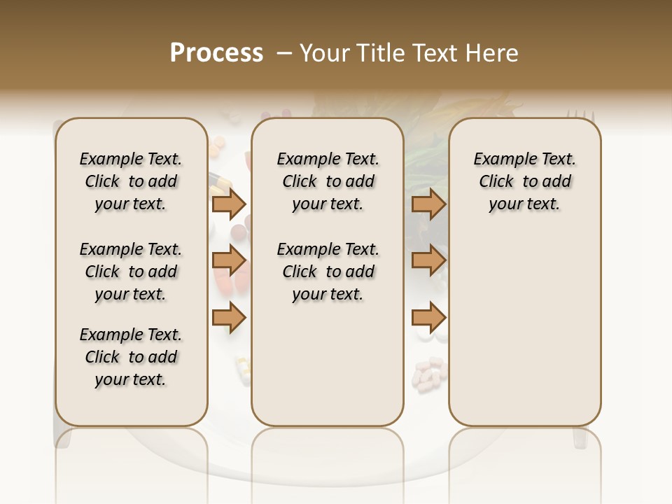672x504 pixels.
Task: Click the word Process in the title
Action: (216, 53)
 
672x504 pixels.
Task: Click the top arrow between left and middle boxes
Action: (229, 204)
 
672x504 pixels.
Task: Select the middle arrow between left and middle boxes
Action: (229, 261)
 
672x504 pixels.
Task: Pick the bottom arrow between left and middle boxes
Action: (229, 318)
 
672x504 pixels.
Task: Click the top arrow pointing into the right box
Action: (428, 204)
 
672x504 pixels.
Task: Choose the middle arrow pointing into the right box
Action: (428, 261)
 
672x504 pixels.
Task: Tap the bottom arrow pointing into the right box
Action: (428, 318)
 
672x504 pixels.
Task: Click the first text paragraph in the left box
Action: (130, 181)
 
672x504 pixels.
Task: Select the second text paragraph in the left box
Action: (130, 272)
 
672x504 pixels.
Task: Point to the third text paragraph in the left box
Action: (130, 357)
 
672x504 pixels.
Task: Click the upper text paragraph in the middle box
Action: (328, 181)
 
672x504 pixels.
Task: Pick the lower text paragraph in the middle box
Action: (328, 272)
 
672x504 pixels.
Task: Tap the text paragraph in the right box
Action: (524, 181)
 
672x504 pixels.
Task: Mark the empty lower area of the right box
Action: (524, 329)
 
